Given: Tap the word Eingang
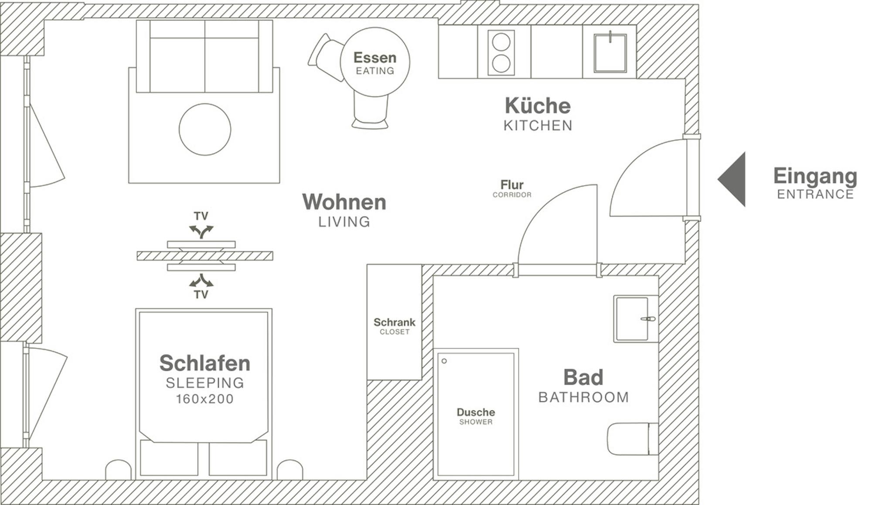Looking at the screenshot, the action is click(x=815, y=177).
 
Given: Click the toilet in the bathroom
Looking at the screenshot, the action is click(x=633, y=439).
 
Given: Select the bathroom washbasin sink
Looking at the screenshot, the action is click(x=636, y=319).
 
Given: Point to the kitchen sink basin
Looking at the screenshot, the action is click(x=610, y=52).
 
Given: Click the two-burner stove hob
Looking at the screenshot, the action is click(x=501, y=53).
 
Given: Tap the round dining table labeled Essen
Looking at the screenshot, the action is click(x=375, y=62).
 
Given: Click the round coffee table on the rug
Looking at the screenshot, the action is click(x=205, y=130).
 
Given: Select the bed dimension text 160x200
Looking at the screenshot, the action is click(x=205, y=399).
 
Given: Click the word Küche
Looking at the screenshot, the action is click(x=538, y=106).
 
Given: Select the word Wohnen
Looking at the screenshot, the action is click(x=344, y=202).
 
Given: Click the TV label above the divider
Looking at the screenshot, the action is click(x=201, y=216).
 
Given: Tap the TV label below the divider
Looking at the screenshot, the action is click(x=201, y=295).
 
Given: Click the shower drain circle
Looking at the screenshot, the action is click(x=444, y=361).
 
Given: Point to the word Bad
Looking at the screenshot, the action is click(x=583, y=377).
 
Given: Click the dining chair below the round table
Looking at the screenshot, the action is click(x=370, y=112).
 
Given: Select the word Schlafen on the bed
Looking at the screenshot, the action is click(x=205, y=363).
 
